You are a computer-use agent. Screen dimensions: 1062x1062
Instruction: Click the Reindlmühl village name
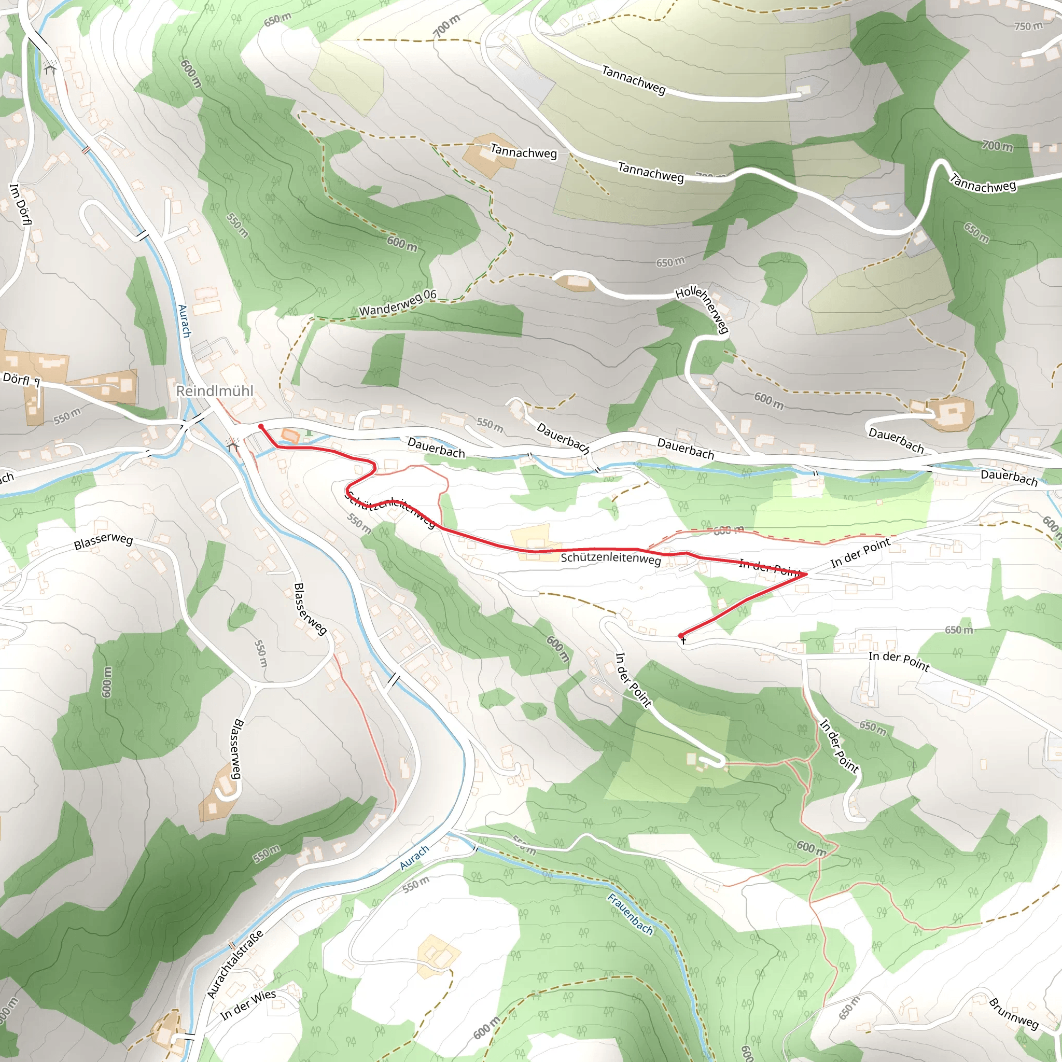[214, 391]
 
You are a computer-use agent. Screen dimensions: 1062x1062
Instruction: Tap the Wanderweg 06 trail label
[397, 303]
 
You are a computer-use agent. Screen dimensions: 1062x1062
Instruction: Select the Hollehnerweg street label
[703, 309]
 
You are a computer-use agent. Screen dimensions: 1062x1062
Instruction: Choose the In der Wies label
[248, 1004]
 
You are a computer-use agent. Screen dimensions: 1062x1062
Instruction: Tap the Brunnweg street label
[1014, 1013]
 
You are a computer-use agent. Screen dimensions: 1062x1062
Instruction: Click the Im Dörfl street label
[21, 204]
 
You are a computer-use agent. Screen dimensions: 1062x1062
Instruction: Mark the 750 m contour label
[1028, 26]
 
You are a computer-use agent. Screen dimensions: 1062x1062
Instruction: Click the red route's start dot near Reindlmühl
[260, 427]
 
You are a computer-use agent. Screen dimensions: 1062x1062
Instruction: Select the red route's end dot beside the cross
[681, 635]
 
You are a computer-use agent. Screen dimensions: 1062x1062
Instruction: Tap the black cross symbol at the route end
[683, 641]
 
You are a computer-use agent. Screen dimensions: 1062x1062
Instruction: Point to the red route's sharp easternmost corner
[806, 574]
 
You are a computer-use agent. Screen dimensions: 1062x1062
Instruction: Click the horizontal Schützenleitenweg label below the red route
[610, 558]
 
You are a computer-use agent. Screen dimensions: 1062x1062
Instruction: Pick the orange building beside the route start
[290, 437]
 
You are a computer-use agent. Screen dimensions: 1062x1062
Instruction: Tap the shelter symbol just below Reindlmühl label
[233, 444]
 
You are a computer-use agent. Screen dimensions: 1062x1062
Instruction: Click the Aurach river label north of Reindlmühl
[184, 321]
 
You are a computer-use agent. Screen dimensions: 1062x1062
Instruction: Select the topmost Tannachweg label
[633, 80]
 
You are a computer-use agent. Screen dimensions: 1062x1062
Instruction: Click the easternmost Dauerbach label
[1009, 477]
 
